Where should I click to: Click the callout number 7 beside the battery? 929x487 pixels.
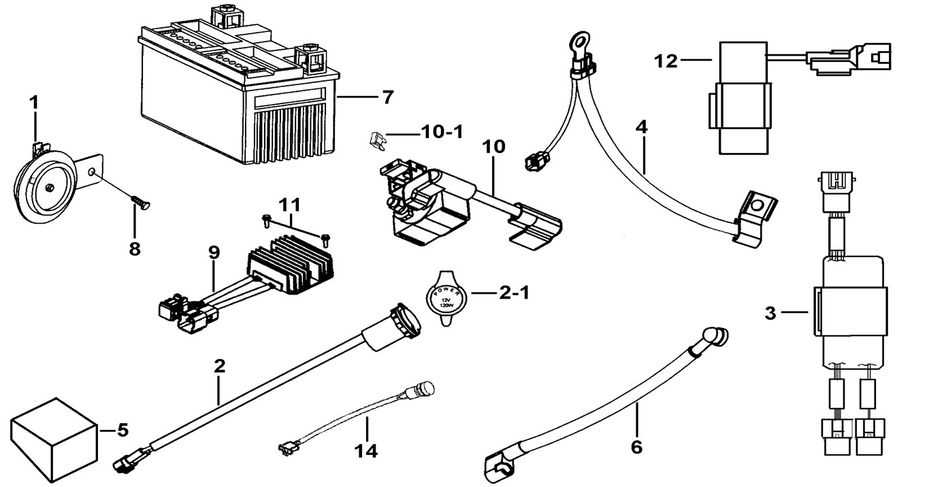pyautogui.click(x=387, y=97)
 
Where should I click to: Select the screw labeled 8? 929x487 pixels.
pyautogui.click(x=140, y=203)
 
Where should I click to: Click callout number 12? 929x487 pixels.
pyautogui.click(x=667, y=61)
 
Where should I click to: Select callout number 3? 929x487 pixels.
pyautogui.click(x=770, y=314)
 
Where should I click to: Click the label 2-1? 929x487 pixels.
pyautogui.click(x=515, y=294)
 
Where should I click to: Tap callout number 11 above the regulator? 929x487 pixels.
pyautogui.click(x=289, y=204)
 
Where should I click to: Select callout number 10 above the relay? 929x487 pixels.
pyautogui.click(x=494, y=146)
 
